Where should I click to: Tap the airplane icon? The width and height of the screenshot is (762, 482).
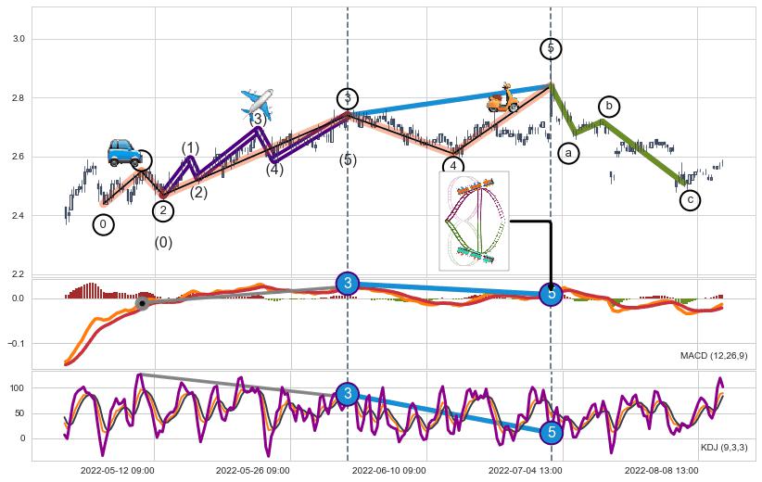tap(257, 103)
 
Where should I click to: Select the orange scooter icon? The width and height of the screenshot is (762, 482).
tap(503, 98)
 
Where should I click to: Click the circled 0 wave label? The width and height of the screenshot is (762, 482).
tap(104, 224)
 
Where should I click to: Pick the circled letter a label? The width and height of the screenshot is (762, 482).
tap(569, 151)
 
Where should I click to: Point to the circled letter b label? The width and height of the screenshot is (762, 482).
tap(609, 107)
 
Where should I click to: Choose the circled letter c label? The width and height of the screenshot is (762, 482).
tap(690, 199)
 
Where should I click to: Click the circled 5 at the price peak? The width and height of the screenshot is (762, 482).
tap(551, 48)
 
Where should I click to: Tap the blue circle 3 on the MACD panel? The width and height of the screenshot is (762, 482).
tap(348, 284)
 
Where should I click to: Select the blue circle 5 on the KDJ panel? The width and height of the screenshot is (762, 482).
tap(552, 432)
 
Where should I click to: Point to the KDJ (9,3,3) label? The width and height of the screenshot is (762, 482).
tap(724, 448)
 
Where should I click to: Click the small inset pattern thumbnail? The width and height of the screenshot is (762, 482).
tap(474, 221)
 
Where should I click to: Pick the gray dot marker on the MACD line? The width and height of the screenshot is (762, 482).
tap(142, 303)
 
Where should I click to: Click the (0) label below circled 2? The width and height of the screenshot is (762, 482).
tap(163, 243)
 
